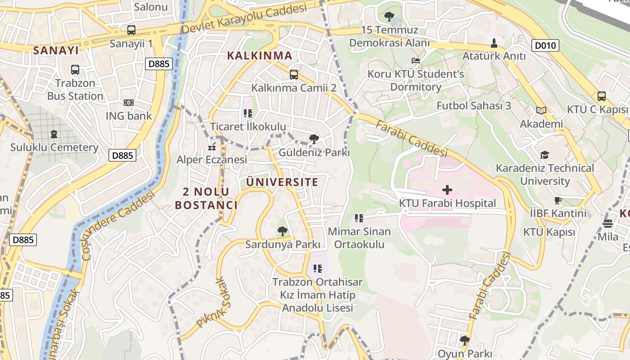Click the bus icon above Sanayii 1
[131, 30]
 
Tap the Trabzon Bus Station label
[75, 90]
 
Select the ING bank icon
[129, 103]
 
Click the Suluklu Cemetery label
[54, 148]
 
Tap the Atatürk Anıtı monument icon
[494, 43]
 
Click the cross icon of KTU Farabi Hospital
[447, 190]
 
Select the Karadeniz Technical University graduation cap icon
[544, 155]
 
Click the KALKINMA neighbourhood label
[260, 56]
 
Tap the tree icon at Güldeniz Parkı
[314, 139]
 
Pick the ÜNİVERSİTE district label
[282, 182]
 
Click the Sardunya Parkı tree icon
[282, 231]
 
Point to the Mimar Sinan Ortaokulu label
[359, 238]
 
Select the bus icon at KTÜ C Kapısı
[601, 96]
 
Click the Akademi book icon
[541, 110]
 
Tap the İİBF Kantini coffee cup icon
[558, 200]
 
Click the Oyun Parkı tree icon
[465, 340]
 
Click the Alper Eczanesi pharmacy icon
[212, 147]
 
